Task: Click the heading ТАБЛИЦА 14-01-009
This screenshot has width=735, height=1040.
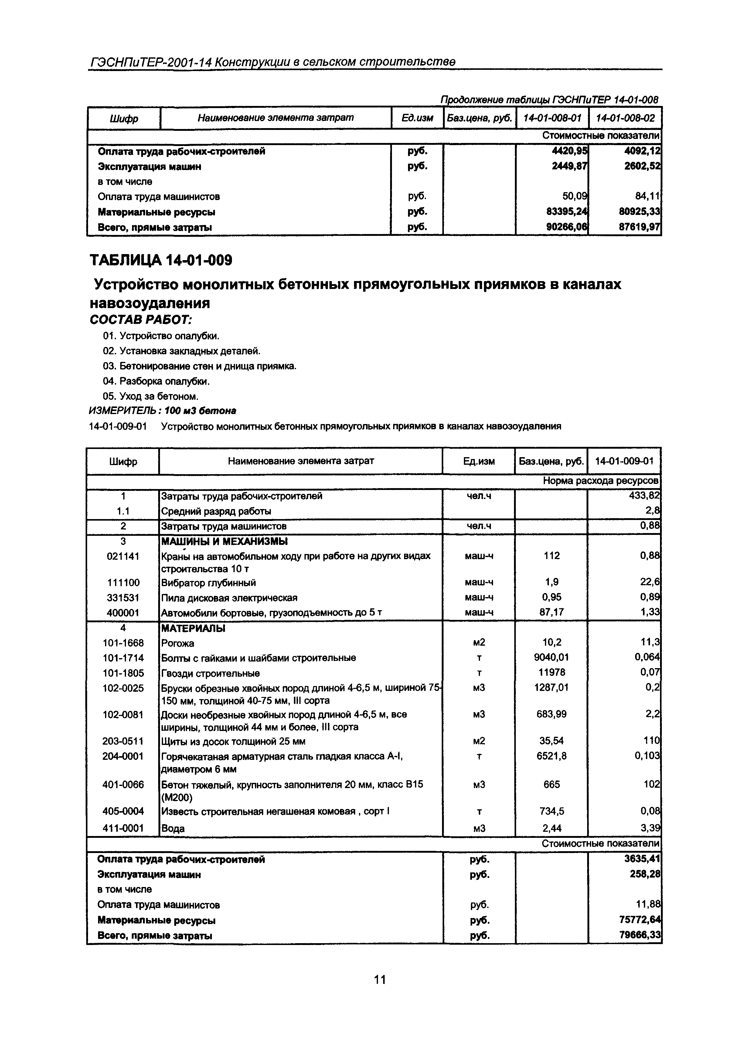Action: click(161, 260)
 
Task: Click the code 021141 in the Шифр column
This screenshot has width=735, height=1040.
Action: click(123, 556)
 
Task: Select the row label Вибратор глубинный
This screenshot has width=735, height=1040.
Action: click(209, 583)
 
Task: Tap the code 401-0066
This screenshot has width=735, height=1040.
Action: click(123, 784)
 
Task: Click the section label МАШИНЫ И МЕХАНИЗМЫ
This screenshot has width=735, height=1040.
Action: click(224, 541)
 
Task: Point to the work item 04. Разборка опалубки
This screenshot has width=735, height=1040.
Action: click(156, 381)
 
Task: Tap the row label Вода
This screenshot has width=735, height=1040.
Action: click(173, 828)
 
